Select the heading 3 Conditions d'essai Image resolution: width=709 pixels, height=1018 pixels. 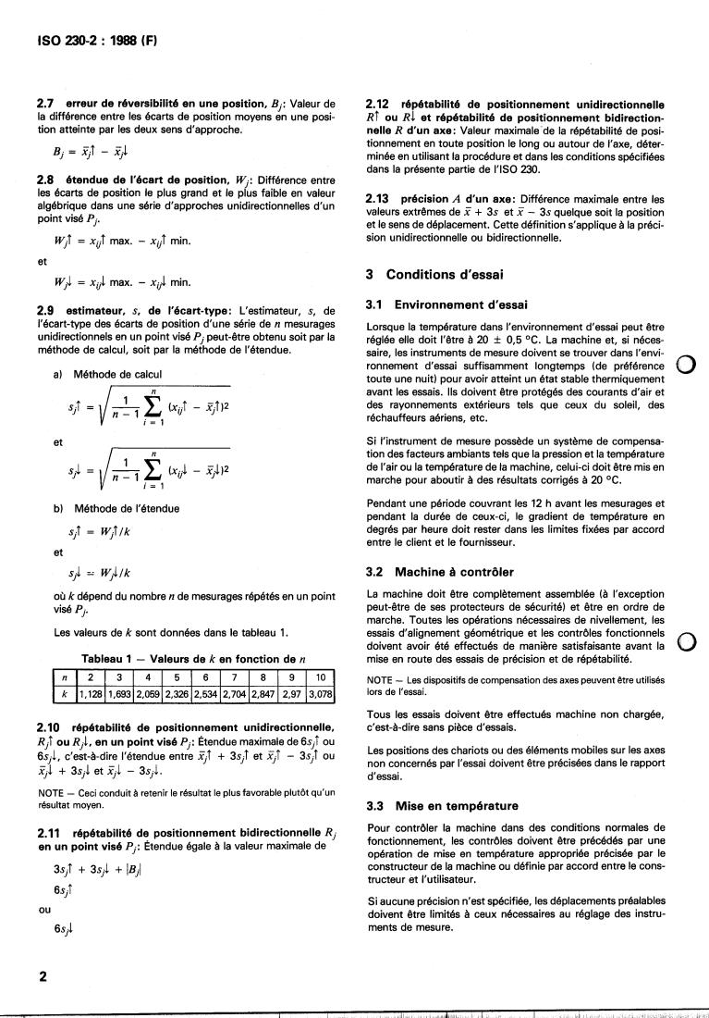click(434, 274)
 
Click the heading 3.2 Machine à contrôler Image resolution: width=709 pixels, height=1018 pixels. click(440, 571)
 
